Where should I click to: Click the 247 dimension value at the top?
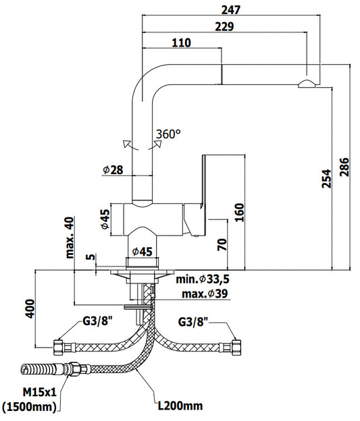click(x=231, y=10)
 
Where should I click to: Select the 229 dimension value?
click(x=224, y=26)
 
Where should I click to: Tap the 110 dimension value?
click(x=182, y=43)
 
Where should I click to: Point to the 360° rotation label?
click(x=169, y=134)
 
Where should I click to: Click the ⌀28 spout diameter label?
click(x=113, y=170)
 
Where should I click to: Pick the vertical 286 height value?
click(x=344, y=167)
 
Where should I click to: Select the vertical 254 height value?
click(x=327, y=178)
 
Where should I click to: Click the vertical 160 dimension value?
click(x=240, y=213)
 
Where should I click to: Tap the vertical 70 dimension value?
click(x=222, y=244)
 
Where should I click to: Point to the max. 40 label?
click(x=70, y=237)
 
